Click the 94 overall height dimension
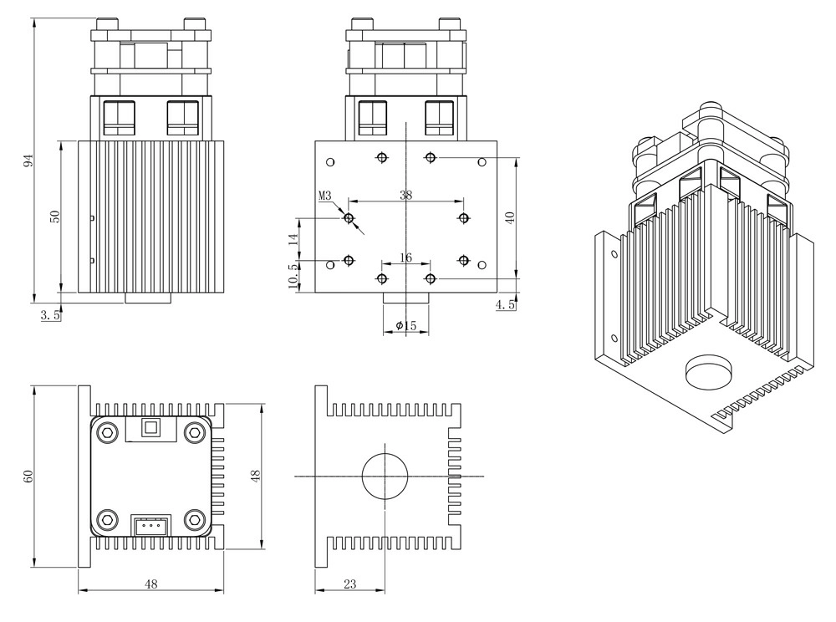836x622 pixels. pos(28,160)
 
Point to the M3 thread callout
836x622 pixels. pos(325,196)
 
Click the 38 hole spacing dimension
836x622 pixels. pos(406,196)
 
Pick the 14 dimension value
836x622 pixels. pos(293,238)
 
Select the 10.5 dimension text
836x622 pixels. pos(293,277)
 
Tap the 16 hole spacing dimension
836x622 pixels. pos(405,258)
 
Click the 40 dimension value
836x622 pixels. pos(509,217)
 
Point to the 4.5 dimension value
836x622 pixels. pos(505,305)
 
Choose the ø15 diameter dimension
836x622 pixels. pos(406,324)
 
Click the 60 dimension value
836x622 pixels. pos(28,476)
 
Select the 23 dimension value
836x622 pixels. pos(349,585)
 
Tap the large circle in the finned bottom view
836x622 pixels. pos(385,476)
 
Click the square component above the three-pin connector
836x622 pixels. pos(150,428)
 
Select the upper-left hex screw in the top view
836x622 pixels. pos(108,431)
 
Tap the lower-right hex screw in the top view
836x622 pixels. pos(195,520)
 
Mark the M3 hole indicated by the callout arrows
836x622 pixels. pos(349,218)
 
